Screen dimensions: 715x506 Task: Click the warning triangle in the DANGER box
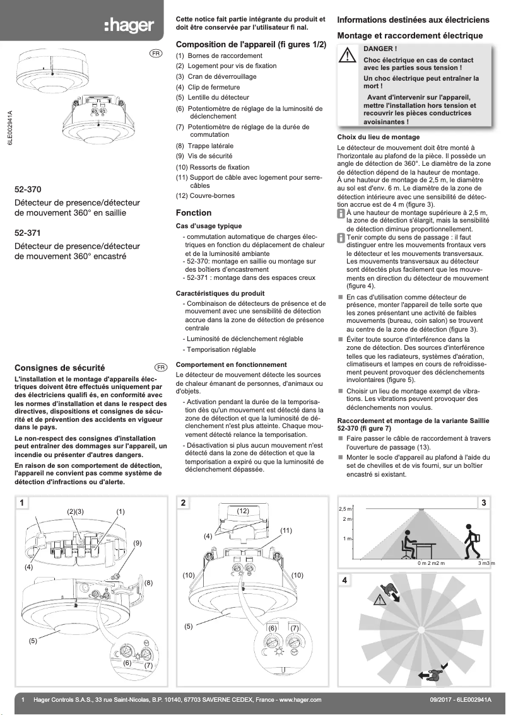(348, 56)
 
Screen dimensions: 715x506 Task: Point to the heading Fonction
(194, 213)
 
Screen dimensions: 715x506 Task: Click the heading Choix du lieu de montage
(379, 137)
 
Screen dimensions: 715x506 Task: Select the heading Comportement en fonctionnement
(231, 365)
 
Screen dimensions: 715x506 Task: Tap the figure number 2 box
(183, 503)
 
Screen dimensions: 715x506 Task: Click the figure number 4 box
(344, 580)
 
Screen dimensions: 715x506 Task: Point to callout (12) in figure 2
(244, 509)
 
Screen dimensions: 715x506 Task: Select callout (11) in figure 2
(286, 531)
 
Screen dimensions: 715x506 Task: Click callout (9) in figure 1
(137, 543)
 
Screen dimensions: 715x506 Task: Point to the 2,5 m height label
(345, 508)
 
